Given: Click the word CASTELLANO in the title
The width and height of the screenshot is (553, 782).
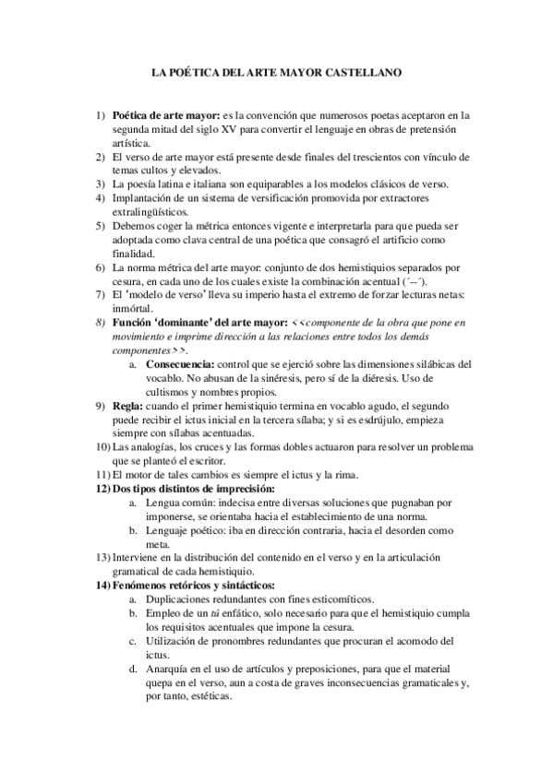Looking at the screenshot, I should tap(367, 70).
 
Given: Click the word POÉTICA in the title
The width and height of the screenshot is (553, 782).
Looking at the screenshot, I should tap(193, 70).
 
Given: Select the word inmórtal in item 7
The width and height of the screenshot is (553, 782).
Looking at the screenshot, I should tap(134, 308).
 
